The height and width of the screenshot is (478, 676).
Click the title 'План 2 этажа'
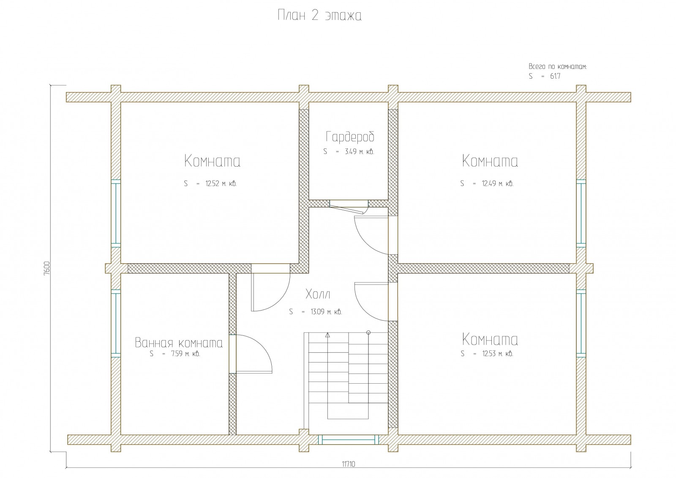319,15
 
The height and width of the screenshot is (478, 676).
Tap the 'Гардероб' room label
350,137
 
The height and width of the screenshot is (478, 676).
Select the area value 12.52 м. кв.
221,184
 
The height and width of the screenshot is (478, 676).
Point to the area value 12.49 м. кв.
497,184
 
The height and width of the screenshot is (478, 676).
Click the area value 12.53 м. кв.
498,354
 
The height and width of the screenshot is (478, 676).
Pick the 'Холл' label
318,294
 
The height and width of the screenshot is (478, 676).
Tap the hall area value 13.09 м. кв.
326,312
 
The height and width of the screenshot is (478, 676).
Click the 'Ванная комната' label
179,343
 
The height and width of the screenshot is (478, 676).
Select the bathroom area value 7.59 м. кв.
185,354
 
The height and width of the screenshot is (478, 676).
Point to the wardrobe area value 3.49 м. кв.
360,151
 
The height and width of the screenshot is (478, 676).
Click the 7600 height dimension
46,268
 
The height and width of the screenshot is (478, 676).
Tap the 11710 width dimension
349,464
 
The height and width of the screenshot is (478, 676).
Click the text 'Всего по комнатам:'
557,66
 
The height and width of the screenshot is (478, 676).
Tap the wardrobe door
347,207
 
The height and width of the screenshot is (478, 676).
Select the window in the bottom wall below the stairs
349,440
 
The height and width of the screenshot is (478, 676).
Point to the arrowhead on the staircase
328,335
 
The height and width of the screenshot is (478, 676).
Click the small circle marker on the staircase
368,332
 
